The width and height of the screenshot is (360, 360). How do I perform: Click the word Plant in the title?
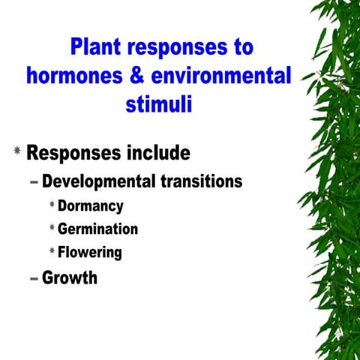click(98, 47)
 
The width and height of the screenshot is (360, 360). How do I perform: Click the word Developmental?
click(99, 181)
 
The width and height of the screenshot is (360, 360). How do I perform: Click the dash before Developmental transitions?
click(34, 182)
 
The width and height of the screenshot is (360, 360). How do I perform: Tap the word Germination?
click(97, 229)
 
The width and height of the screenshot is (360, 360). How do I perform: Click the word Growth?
click(70, 277)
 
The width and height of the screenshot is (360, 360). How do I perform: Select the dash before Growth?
click(34, 278)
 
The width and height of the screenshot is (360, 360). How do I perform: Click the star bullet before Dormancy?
click(52, 205)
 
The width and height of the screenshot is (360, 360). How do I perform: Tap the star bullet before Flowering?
click(52, 251)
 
